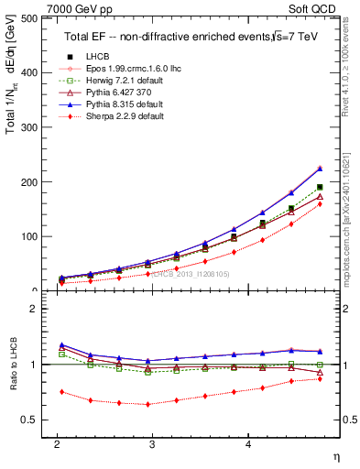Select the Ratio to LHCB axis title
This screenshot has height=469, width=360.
[x=13, y=365]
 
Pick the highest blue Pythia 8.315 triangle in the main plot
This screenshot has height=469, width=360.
[x=320, y=168]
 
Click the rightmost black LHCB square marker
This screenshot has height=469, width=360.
[x=320, y=187]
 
